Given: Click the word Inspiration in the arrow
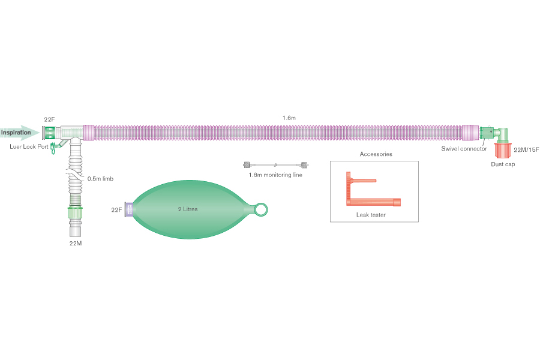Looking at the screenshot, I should (16, 132).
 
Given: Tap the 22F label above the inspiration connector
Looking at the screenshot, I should (49, 120).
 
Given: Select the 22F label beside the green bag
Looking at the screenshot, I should (116, 210).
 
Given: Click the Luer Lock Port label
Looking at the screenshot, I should (29, 146).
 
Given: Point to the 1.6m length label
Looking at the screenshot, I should (289, 118).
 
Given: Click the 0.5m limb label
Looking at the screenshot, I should (101, 178).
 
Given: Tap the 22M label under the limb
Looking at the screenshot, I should (76, 243).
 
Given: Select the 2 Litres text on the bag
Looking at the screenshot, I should (187, 209).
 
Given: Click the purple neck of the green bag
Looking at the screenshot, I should (128, 209).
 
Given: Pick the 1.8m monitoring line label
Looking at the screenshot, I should (275, 175).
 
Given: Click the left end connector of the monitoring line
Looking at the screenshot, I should (247, 164).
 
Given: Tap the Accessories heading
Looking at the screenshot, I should (376, 154).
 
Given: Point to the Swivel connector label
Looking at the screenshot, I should (464, 148).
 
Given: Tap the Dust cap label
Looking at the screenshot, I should (503, 164).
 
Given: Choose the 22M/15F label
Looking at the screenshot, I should (526, 149).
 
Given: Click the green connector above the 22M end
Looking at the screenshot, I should (76, 212).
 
